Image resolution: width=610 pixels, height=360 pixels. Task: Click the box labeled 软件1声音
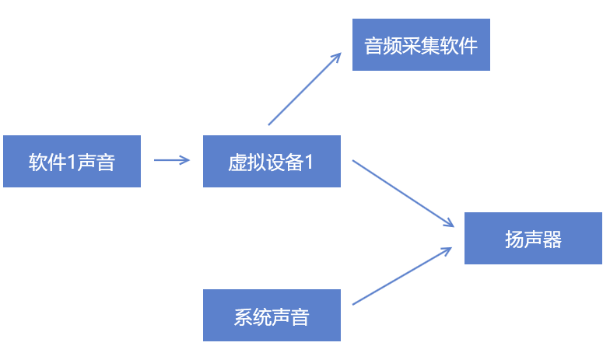pyautogui.click(x=72, y=161)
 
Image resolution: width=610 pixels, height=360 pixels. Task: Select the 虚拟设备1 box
pyautogui.click(x=272, y=161)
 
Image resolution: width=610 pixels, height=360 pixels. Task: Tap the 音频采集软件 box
pyautogui.click(x=421, y=45)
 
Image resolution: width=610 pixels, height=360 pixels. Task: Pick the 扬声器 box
pyautogui.click(x=533, y=238)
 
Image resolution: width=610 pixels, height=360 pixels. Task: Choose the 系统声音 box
pyautogui.click(x=272, y=315)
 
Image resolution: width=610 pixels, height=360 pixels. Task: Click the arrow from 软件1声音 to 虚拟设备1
pyautogui.click(x=171, y=161)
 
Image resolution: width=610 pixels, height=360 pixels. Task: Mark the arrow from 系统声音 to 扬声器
pyautogui.click(x=402, y=276)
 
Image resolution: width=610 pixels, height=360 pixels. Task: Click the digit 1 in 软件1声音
pyautogui.click(x=72, y=162)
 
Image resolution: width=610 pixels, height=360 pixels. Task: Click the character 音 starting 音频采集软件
pyautogui.click(x=374, y=46)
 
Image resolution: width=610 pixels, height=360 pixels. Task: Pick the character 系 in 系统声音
pyautogui.click(x=243, y=316)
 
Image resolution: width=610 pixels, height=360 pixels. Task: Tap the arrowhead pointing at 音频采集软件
pyautogui.click(x=338, y=57)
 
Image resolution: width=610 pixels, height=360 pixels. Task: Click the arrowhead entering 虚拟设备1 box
pyautogui.click(x=185, y=161)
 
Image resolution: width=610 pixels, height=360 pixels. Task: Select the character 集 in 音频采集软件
pyautogui.click(x=430, y=46)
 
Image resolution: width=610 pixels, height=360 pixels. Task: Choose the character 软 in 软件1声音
pyautogui.click(x=38, y=162)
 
